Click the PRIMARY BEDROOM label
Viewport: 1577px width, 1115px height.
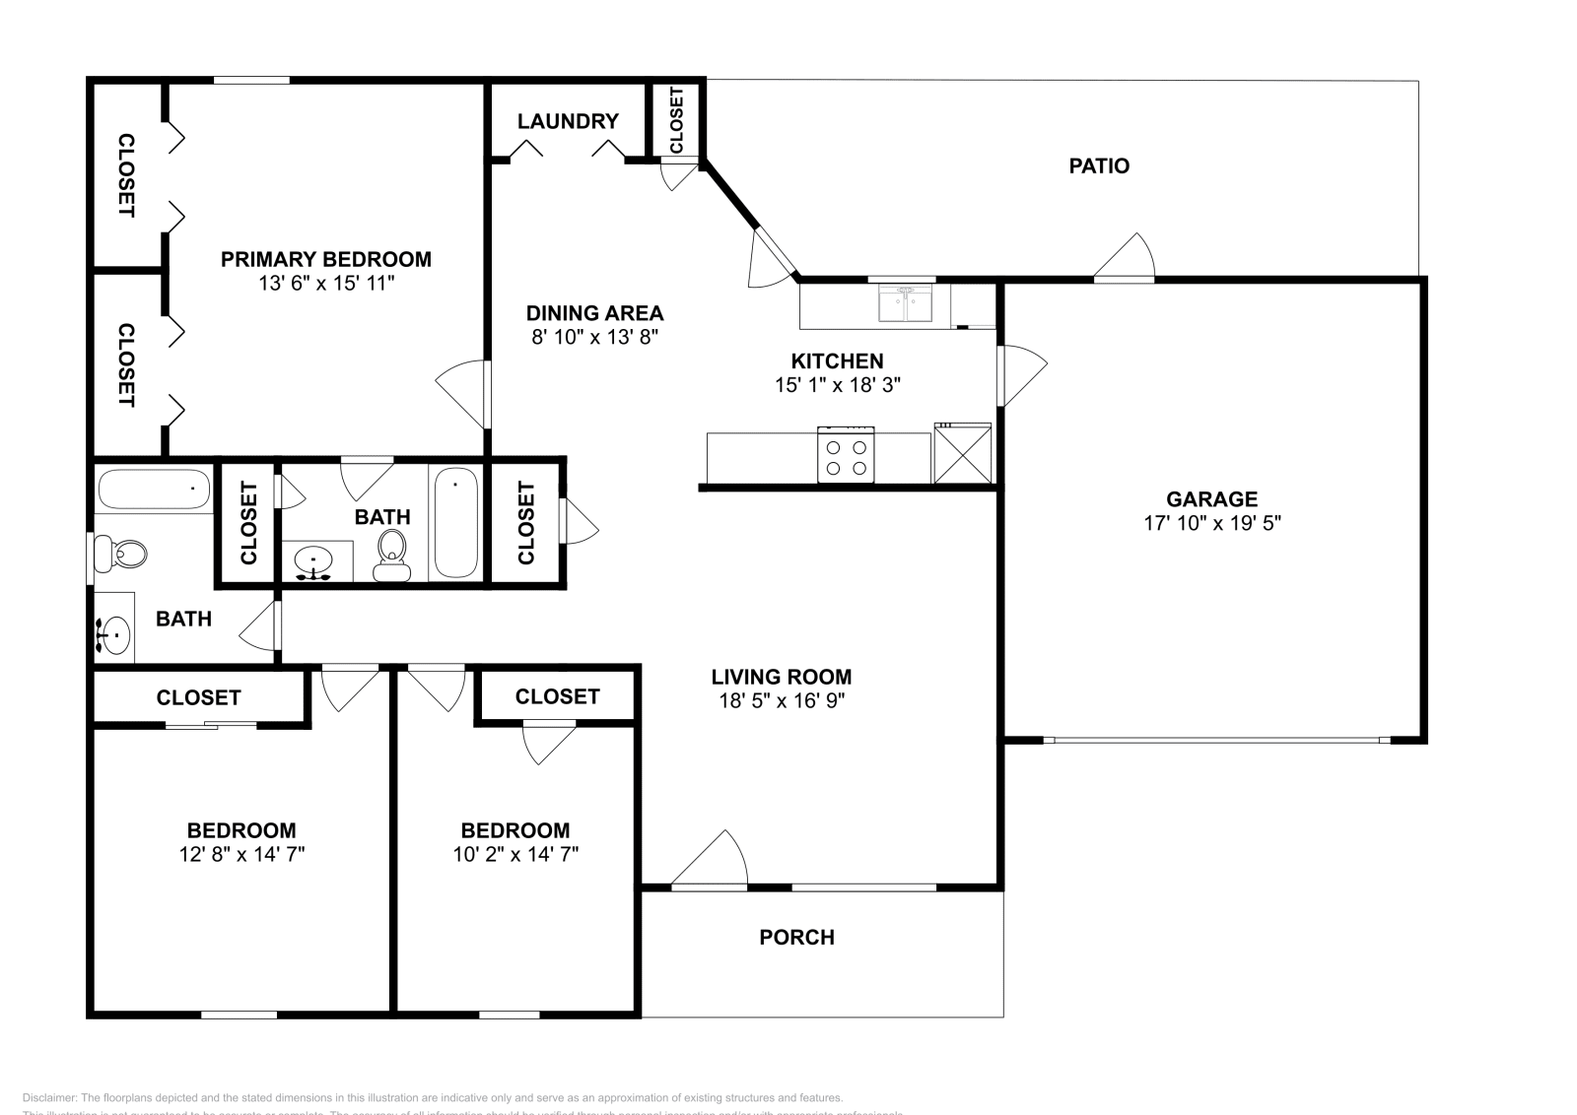click(325, 259)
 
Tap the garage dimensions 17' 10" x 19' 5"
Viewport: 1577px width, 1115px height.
click(1211, 523)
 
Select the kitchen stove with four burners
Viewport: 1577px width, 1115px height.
click(846, 456)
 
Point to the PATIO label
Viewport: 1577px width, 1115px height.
click(1099, 165)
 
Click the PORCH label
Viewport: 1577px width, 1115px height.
click(796, 937)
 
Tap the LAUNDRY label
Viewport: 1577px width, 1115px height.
click(568, 121)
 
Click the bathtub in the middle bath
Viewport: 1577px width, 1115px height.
click(455, 522)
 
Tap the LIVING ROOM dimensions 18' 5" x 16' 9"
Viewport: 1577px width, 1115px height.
click(782, 700)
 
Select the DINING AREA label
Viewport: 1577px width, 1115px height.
click(594, 313)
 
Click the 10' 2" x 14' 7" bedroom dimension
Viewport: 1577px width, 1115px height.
click(514, 854)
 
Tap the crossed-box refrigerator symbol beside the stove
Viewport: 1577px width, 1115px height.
click(962, 454)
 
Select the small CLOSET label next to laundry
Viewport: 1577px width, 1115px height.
click(676, 120)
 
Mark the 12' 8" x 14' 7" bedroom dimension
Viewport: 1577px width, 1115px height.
click(241, 854)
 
